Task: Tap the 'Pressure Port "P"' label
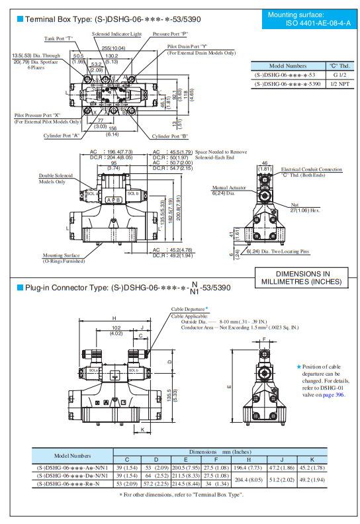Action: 170,33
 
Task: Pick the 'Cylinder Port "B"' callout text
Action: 170,136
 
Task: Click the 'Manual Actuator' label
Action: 228,187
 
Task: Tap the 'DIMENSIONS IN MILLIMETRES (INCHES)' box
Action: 302,277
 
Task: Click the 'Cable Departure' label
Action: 187,309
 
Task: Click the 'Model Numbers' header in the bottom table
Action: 72,455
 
